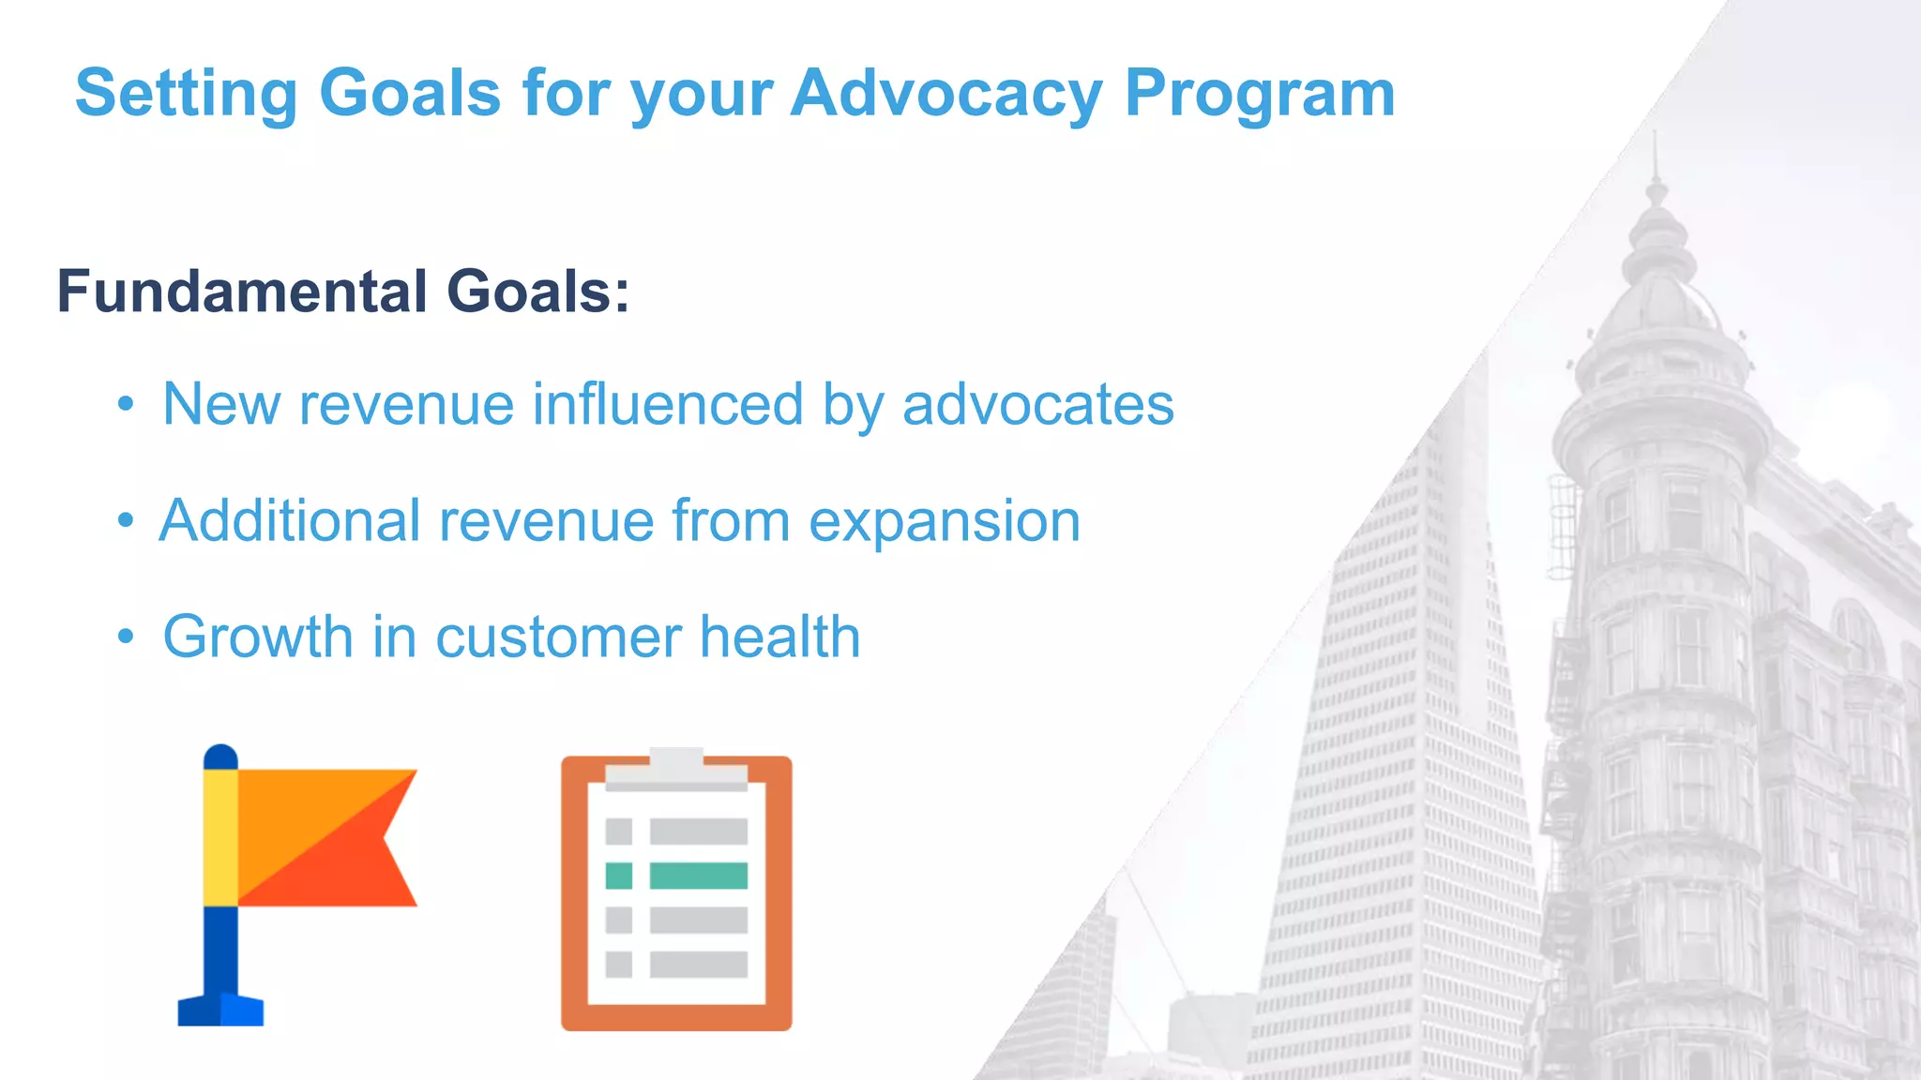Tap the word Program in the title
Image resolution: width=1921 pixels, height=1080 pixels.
[x=1260, y=94]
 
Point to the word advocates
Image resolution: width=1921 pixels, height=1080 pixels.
[x=1037, y=405]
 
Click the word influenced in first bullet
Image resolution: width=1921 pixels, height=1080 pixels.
[x=668, y=405]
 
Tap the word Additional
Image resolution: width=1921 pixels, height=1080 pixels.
[x=290, y=521]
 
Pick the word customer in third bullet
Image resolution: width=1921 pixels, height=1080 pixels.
[x=558, y=637]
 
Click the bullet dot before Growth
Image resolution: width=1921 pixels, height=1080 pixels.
[x=126, y=637]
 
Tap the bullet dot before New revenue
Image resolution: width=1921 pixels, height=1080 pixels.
[x=126, y=405]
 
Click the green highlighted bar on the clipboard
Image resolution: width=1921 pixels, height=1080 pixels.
[x=698, y=876]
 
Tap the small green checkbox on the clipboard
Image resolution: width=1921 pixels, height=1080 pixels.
[x=618, y=876]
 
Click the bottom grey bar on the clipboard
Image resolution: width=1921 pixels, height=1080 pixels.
[x=698, y=965]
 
